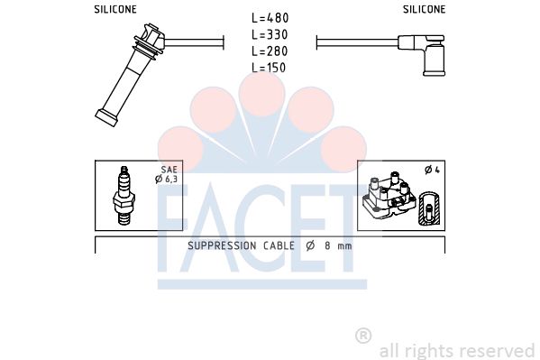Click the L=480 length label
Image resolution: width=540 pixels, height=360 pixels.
pos(270,18)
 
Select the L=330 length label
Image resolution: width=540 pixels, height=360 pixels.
pos(270,34)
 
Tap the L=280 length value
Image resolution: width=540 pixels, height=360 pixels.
pos(270,51)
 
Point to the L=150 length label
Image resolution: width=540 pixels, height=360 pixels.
pos(269,68)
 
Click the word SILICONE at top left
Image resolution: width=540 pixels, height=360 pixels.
pos(115,9)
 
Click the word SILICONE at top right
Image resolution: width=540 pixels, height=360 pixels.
pos(425,9)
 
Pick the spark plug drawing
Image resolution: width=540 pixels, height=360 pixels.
pos(124,196)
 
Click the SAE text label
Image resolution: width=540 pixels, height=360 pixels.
pos(169,170)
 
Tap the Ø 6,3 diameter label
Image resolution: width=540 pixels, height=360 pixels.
pos(167,179)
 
